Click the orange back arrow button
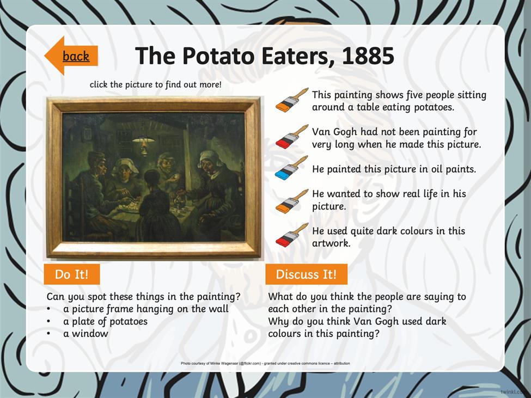point(71,56)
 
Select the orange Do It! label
point(72,274)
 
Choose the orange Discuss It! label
point(307,274)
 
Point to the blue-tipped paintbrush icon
point(291,168)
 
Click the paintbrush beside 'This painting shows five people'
point(292,100)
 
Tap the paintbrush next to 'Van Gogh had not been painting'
point(292,137)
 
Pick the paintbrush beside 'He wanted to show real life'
point(292,201)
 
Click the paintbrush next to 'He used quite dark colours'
point(292,235)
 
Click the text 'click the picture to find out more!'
point(156,84)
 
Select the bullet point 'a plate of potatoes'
point(105,321)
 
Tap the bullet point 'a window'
point(86,334)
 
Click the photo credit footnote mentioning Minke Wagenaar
point(265,364)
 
